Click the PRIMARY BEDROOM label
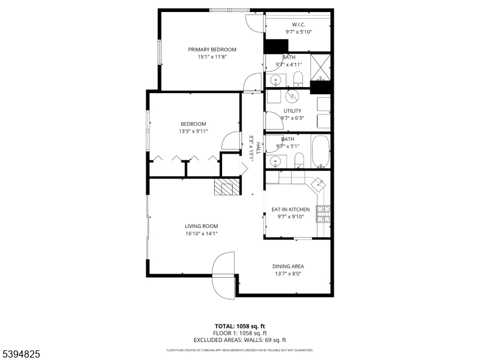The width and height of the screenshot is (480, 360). pyautogui.click(x=212, y=50)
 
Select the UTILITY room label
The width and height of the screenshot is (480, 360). pyautogui.click(x=292, y=111)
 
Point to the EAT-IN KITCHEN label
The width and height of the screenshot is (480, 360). pyautogui.click(x=290, y=209)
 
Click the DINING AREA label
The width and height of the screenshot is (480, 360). pyautogui.click(x=289, y=266)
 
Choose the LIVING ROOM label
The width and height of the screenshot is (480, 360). pyautogui.click(x=201, y=226)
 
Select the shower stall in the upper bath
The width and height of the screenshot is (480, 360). pyautogui.click(x=321, y=67)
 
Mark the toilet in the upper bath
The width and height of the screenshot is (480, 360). pyautogui.click(x=298, y=78)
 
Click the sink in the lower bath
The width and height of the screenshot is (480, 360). pyautogui.click(x=275, y=160)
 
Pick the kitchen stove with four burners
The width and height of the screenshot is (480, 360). pyautogui.click(x=323, y=213)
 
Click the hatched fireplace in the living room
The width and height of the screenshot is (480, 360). pyautogui.click(x=227, y=187)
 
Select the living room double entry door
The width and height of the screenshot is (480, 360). pyautogui.click(x=224, y=275)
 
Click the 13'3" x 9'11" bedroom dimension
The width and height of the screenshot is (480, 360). pyautogui.click(x=193, y=131)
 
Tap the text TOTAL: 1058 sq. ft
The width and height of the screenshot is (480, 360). pyautogui.click(x=239, y=326)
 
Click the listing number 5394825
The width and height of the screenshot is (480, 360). pyautogui.click(x=20, y=354)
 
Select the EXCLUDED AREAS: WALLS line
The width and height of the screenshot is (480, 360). pyautogui.click(x=239, y=340)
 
